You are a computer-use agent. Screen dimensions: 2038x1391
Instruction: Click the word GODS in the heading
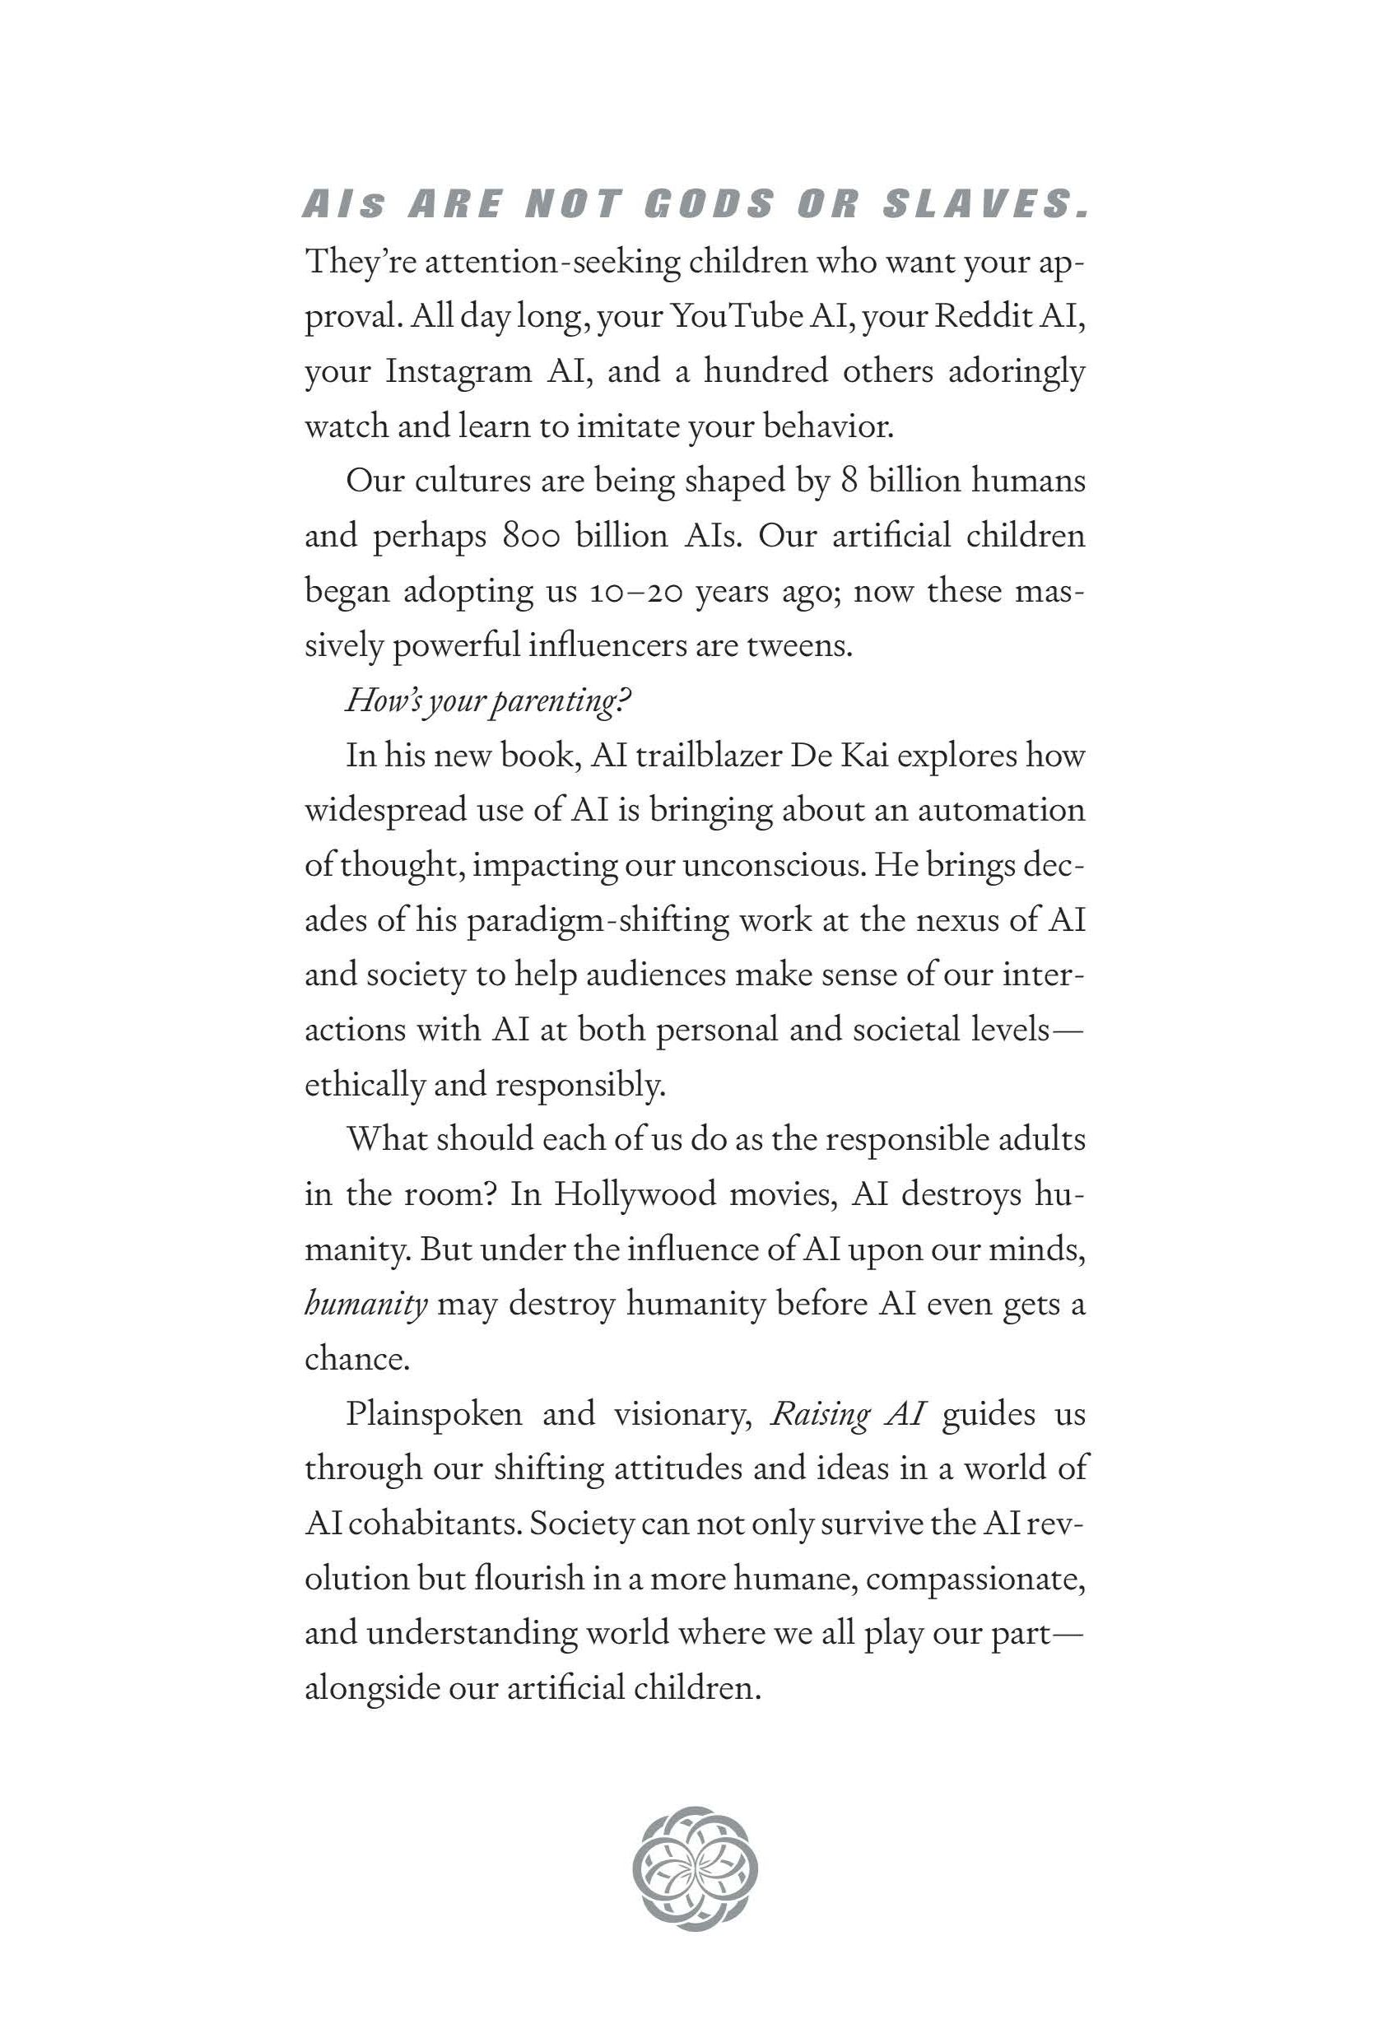tap(709, 204)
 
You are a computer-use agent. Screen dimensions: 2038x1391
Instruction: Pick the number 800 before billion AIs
tap(531, 535)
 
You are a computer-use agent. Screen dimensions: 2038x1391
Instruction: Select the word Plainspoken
tap(434, 1413)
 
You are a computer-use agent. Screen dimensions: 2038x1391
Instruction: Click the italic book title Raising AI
tap(847, 1413)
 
